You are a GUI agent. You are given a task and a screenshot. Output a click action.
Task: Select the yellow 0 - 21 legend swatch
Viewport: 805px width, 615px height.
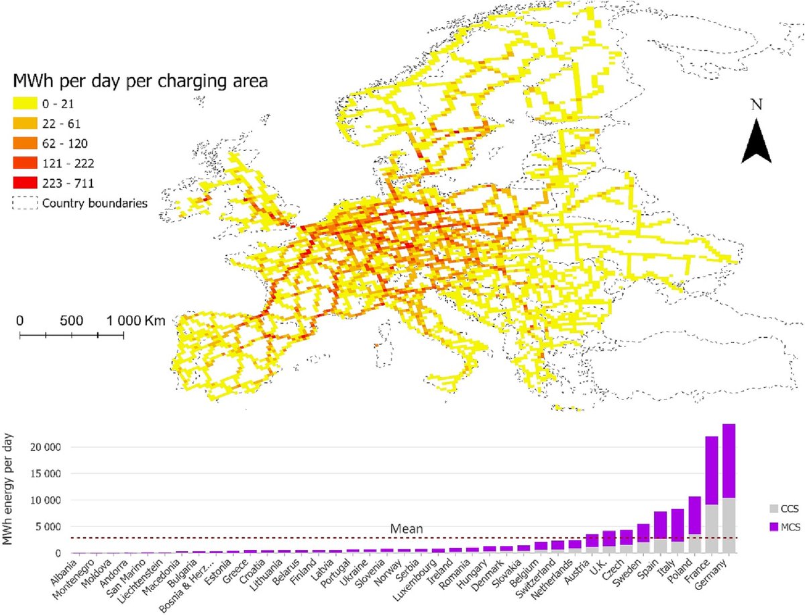(25, 103)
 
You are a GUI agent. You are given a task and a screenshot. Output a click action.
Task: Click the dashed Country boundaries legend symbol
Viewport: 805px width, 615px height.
(25, 203)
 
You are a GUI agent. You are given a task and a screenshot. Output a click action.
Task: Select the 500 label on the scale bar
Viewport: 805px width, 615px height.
(71, 320)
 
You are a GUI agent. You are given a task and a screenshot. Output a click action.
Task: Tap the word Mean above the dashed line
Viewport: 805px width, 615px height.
(407, 529)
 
